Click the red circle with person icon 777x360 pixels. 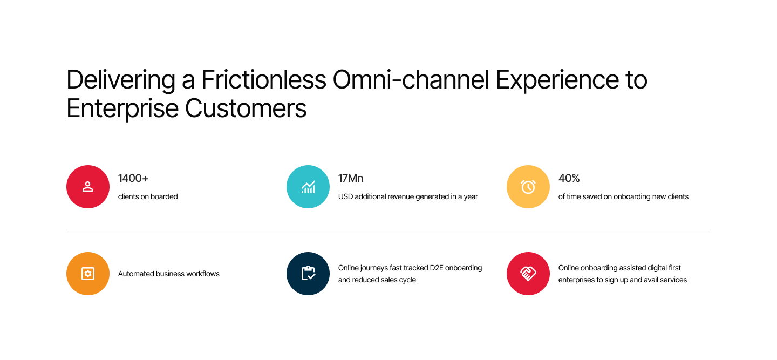tap(88, 187)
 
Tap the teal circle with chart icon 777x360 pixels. tap(308, 187)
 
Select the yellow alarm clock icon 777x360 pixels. tap(528, 187)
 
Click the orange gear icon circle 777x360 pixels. tap(88, 274)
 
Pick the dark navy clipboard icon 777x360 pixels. tap(308, 274)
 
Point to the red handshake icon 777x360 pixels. tap(528, 274)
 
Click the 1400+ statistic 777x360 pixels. tap(133, 178)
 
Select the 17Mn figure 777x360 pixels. tap(351, 178)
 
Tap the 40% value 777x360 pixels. tap(569, 178)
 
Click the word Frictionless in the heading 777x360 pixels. tap(264, 80)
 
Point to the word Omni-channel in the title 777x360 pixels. tap(411, 80)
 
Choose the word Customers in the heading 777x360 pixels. tap(246, 108)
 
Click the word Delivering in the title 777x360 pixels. tap(121, 80)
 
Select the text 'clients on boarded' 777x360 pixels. tap(148, 196)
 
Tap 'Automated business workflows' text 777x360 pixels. tap(168, 274)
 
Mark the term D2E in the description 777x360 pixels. tap(437, 268)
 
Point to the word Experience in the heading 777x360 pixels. tap(557, 80)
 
